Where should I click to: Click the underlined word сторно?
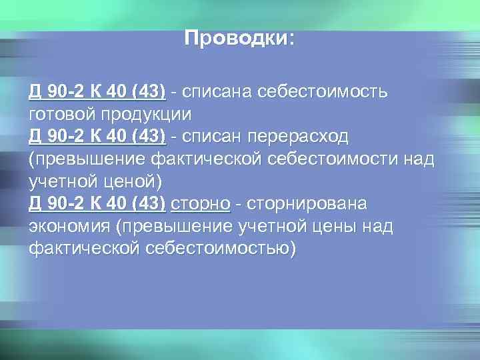[201, 203]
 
